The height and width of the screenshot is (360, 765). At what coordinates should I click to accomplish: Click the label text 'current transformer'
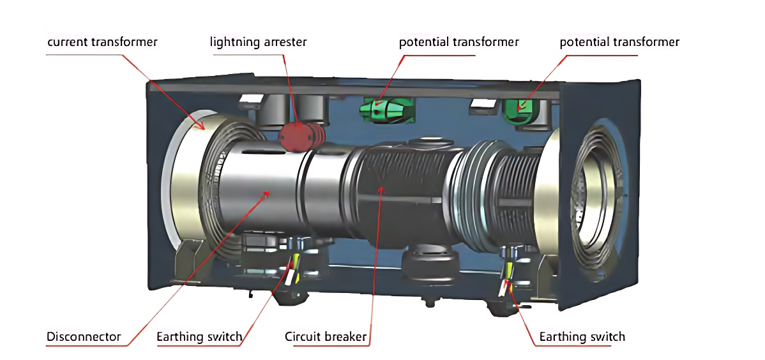click(102, 42)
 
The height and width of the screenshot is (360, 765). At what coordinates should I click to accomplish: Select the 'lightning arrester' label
click(258, 42)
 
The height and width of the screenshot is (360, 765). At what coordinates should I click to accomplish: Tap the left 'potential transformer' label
click(458, 42)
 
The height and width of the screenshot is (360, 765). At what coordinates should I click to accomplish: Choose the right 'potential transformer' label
click(619, 42)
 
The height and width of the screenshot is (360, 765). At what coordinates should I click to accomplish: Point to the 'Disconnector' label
click(84, 336)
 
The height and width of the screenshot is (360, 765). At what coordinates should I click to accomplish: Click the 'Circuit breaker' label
click(326, 336)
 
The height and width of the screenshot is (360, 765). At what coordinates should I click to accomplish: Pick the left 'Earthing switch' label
click(199, 336)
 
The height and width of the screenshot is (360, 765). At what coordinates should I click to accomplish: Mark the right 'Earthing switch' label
click(582, 336)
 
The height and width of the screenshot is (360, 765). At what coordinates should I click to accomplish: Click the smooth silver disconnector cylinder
click(262, 191)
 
